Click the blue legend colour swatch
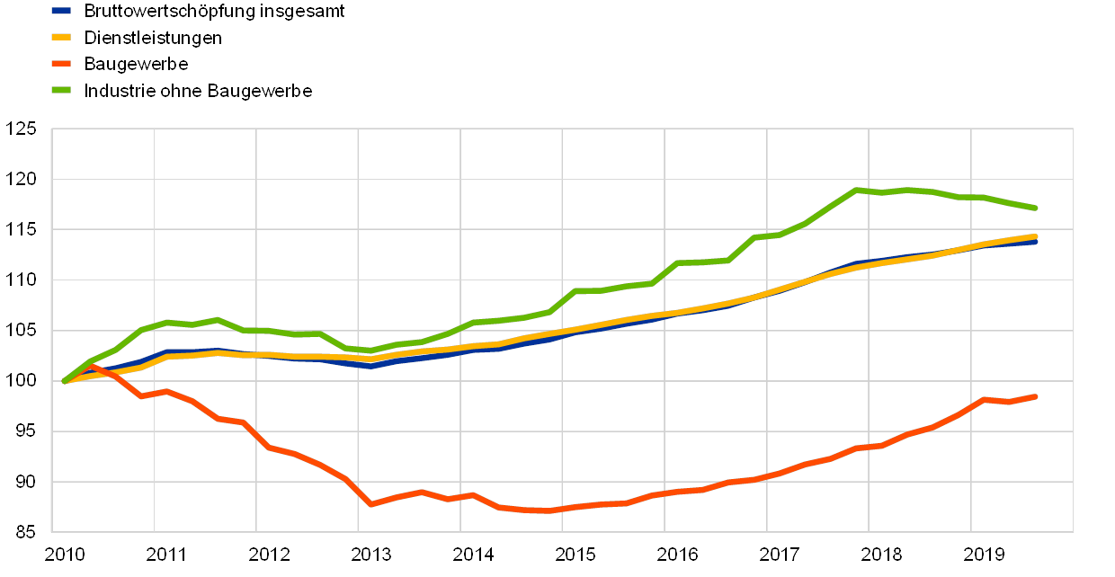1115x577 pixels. pos(61,11)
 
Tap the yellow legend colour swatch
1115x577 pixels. pos(61,38)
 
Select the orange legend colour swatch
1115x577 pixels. pos(61,64)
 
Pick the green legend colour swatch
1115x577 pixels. pos(61,90)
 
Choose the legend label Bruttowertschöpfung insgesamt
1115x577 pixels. pos(217,11)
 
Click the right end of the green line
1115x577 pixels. pos(1035,208)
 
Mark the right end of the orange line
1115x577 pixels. pos(1035,396)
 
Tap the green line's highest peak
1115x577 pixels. pos(857,190)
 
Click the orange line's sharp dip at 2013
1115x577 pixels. pos(370,504)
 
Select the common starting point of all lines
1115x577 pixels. pos(65,381)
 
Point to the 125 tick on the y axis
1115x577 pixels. pos(23,129)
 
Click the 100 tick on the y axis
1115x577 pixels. pos(23,381)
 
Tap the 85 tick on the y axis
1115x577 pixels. pos(23,532)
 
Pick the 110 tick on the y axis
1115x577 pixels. pos(23,280)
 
